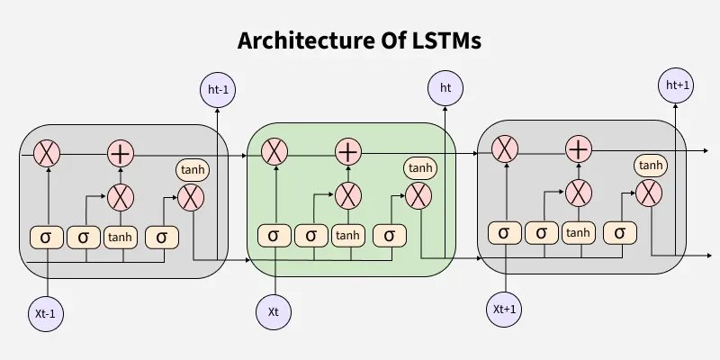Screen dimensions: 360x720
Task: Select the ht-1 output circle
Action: coord(216,89)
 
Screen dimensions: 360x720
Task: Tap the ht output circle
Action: coord(445,87)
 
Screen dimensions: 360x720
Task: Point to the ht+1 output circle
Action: coord(676,85)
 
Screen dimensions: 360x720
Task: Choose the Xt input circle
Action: coord(274,311)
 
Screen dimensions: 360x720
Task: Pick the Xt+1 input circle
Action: coord(504,309)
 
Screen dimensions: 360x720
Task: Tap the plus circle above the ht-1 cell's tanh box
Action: coord(120,153)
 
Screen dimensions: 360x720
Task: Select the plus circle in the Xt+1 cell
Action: coord(579,148)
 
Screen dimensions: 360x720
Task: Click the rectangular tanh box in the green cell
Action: coord(348,236)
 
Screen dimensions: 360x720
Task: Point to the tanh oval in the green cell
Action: coord(420,168)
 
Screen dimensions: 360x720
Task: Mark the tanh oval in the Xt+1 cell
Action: coord(651,165)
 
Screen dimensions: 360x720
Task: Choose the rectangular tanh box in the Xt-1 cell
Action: coord(120,237)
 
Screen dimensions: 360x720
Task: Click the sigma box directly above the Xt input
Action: coord(274,236)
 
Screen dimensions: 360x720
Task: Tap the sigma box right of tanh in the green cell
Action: coord(390,236)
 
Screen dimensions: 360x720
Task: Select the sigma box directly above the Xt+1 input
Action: coord(504,232)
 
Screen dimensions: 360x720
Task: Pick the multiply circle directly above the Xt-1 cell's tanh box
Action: coord(120,195)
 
